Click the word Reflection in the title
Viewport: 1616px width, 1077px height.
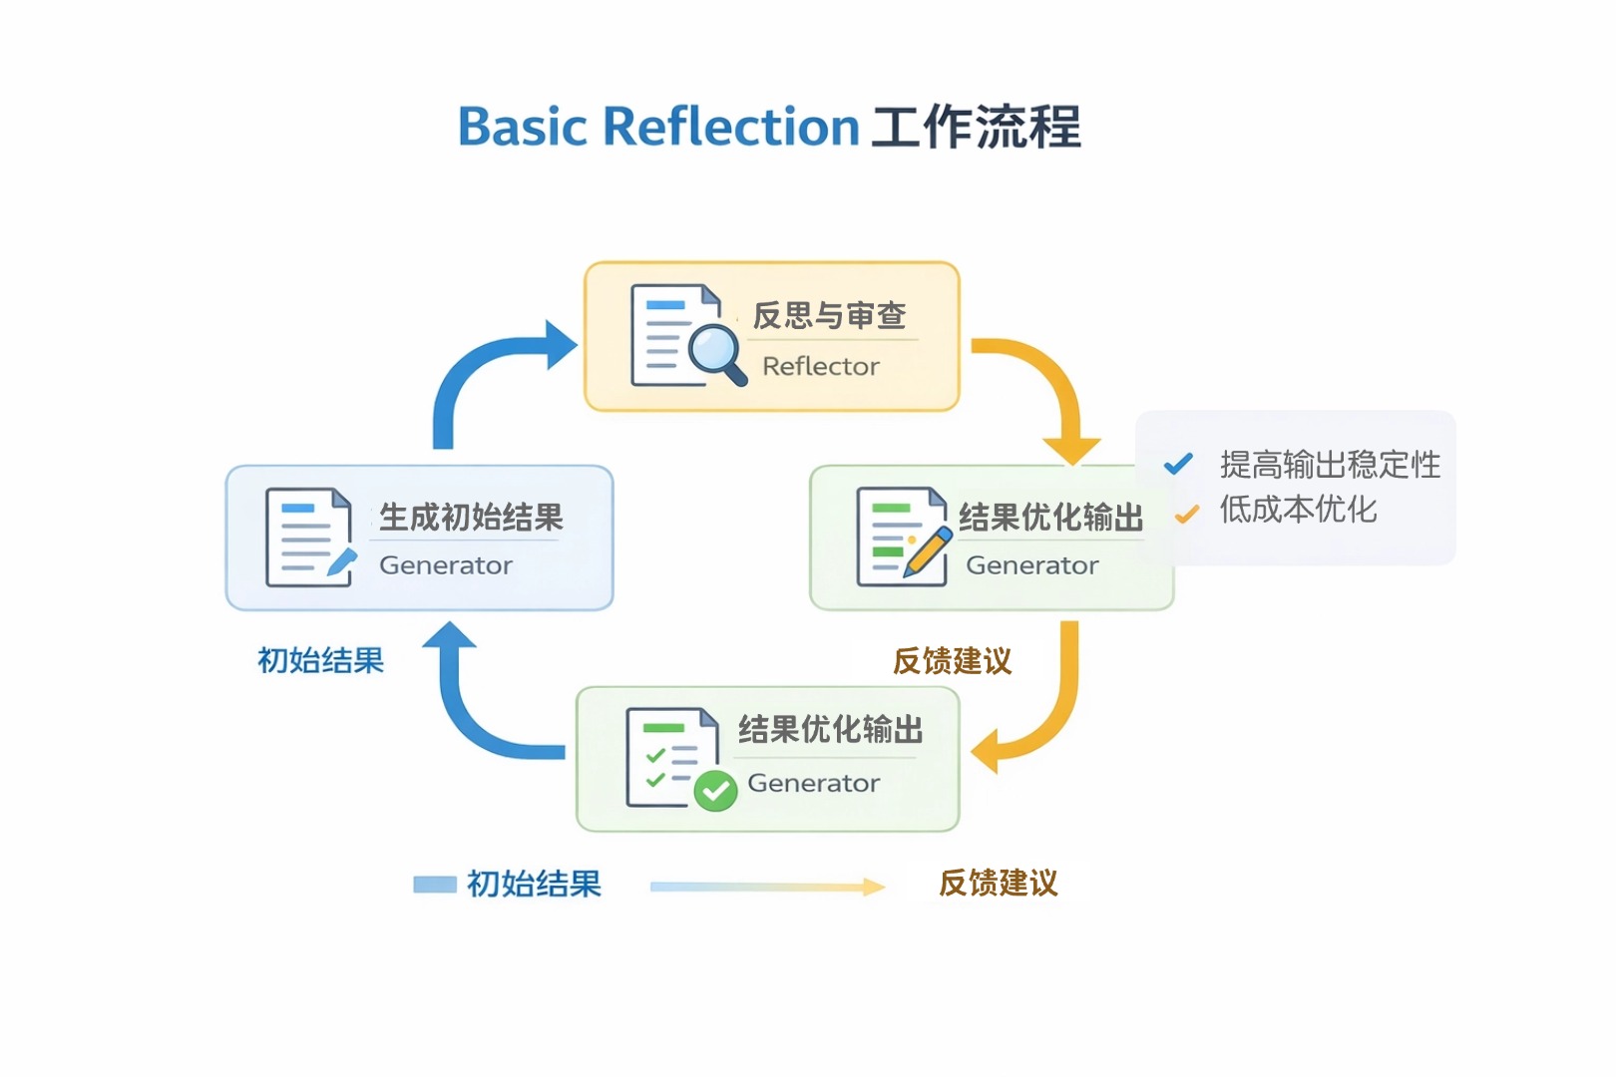coord(730,128)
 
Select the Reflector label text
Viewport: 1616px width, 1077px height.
coord(820,367)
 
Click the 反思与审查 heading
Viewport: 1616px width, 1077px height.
coord(829,316)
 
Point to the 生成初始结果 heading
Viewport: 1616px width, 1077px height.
coord(471,518)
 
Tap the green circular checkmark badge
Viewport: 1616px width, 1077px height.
coord(715,791)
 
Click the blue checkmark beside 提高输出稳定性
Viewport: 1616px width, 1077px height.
coord(1178,464)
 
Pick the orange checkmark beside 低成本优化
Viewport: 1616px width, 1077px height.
coord(1186,514)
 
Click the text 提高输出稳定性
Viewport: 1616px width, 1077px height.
coord(1330,465)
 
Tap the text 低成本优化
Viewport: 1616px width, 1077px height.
coord(1298,511)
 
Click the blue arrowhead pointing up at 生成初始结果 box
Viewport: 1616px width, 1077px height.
coord(449,635)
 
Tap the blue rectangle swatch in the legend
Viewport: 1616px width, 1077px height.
coord(435,885)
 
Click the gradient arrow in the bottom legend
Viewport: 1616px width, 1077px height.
coord(766,886)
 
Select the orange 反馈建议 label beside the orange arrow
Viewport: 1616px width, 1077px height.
coord(952,661)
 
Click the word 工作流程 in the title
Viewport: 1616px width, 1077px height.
coord(977,128)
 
